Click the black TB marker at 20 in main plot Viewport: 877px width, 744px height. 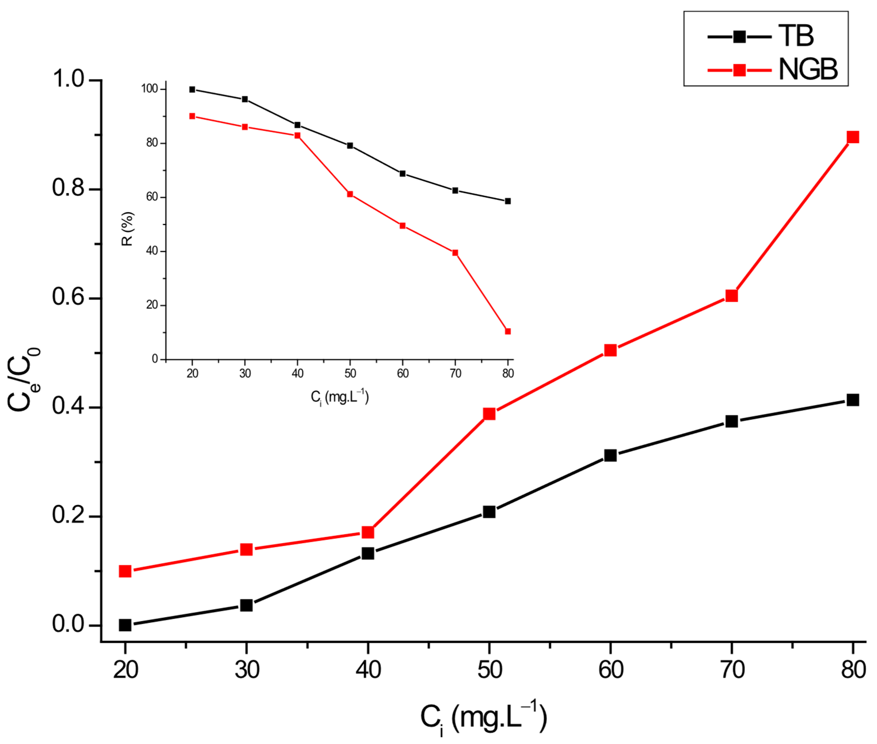[125, 625]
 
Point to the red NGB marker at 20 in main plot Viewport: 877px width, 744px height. [125, 571]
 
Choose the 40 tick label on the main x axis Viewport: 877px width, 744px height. [368, 670]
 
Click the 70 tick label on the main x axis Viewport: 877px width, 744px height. [732, 670]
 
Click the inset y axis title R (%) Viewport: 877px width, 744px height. [127, 229]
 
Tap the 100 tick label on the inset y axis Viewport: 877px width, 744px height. [149, 89]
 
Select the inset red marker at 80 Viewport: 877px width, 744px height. [508, 332]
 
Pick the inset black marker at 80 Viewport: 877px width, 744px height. [508, 201]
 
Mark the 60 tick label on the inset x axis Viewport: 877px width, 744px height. [403, 373]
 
